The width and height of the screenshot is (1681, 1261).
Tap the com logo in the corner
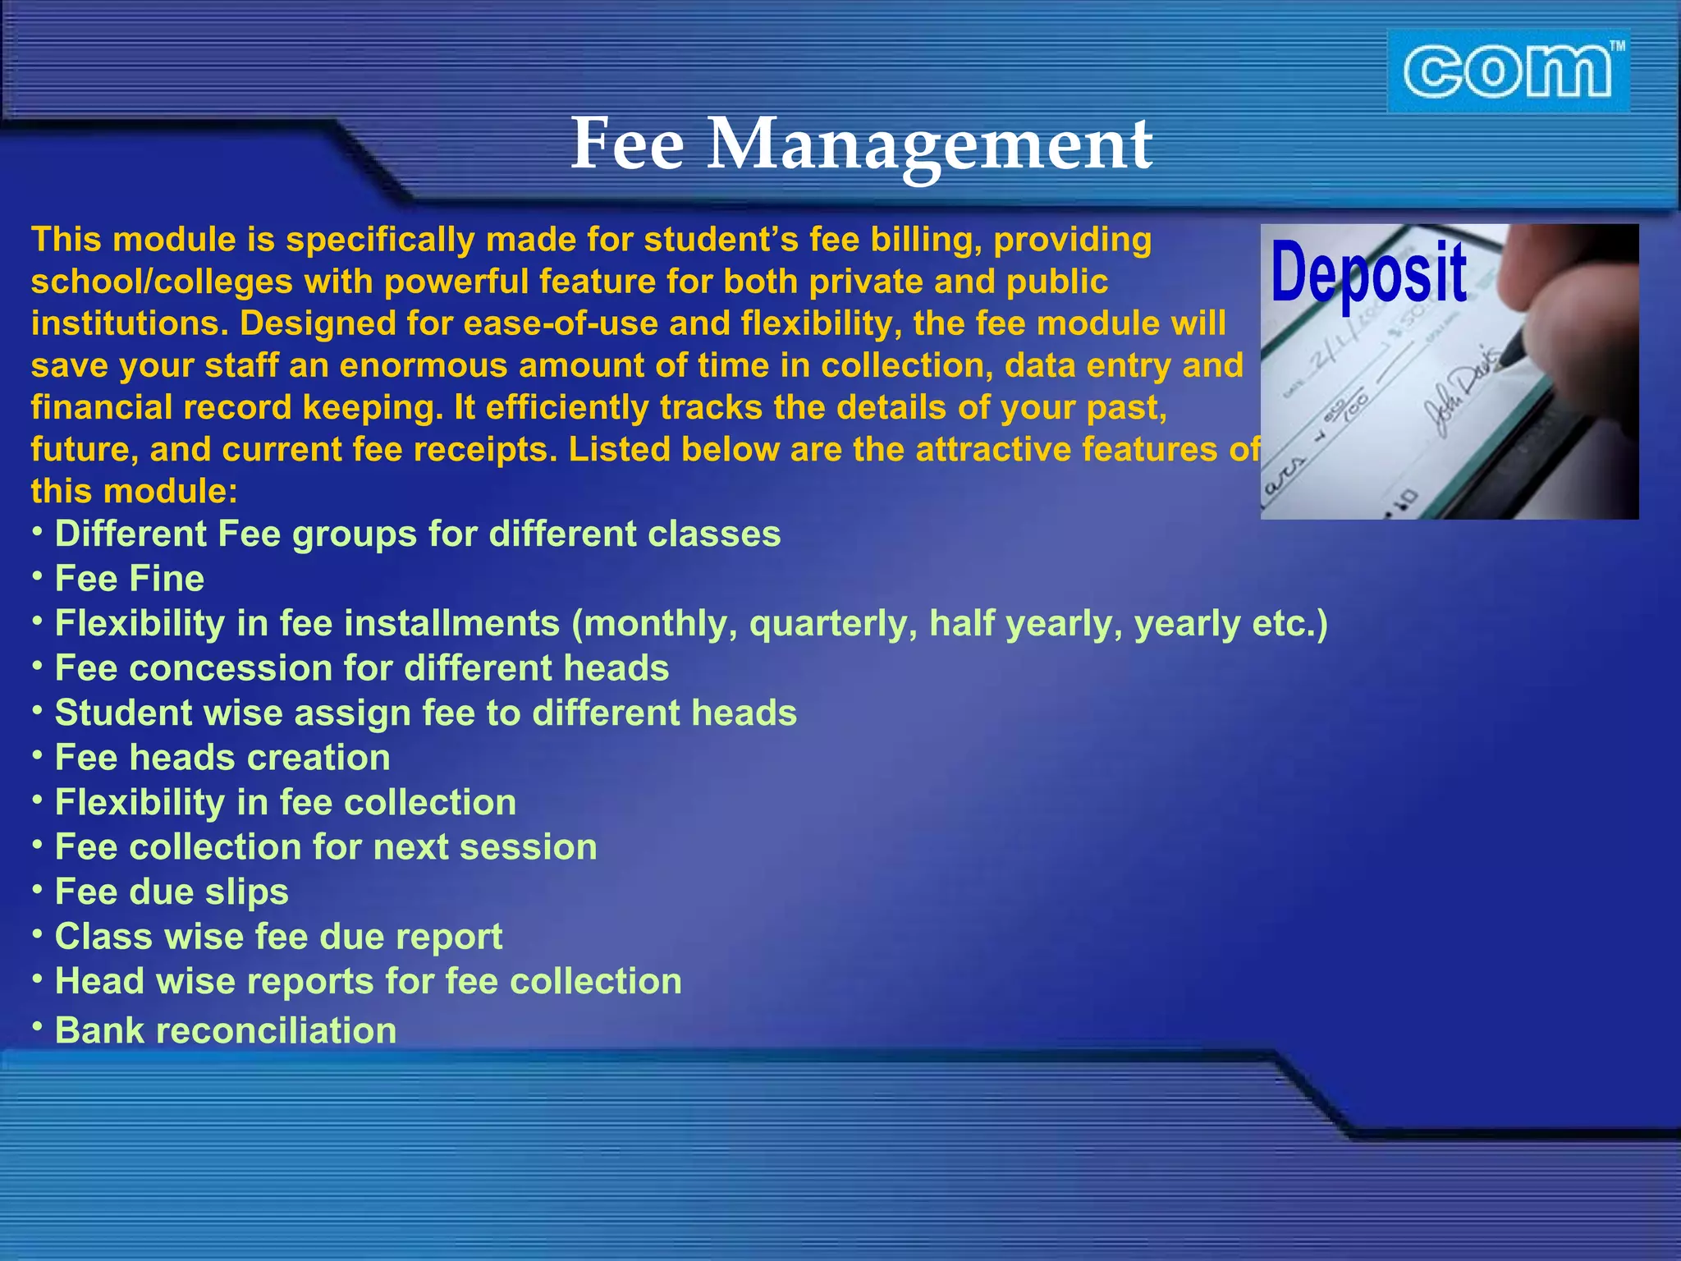pyautogui.click(x=1508, y=71)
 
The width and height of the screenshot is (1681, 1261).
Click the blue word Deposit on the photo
pyautogui.click(x=1368, y=273)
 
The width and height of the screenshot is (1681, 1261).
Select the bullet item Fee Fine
pyautogui.click(x=129, y=579)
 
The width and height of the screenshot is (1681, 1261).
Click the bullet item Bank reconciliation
pyautogui.click(x=225, y=1030)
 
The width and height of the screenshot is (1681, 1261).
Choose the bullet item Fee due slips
pyautogui.click(x=172, y=892)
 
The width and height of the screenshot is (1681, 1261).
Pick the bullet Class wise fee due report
pyautogui.click(x=278, y=937)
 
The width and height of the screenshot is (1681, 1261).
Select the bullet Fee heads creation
pyautogui.click(x=222, y=758)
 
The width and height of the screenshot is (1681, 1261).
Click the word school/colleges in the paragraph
pyautogui.click(x=162, y=282)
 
